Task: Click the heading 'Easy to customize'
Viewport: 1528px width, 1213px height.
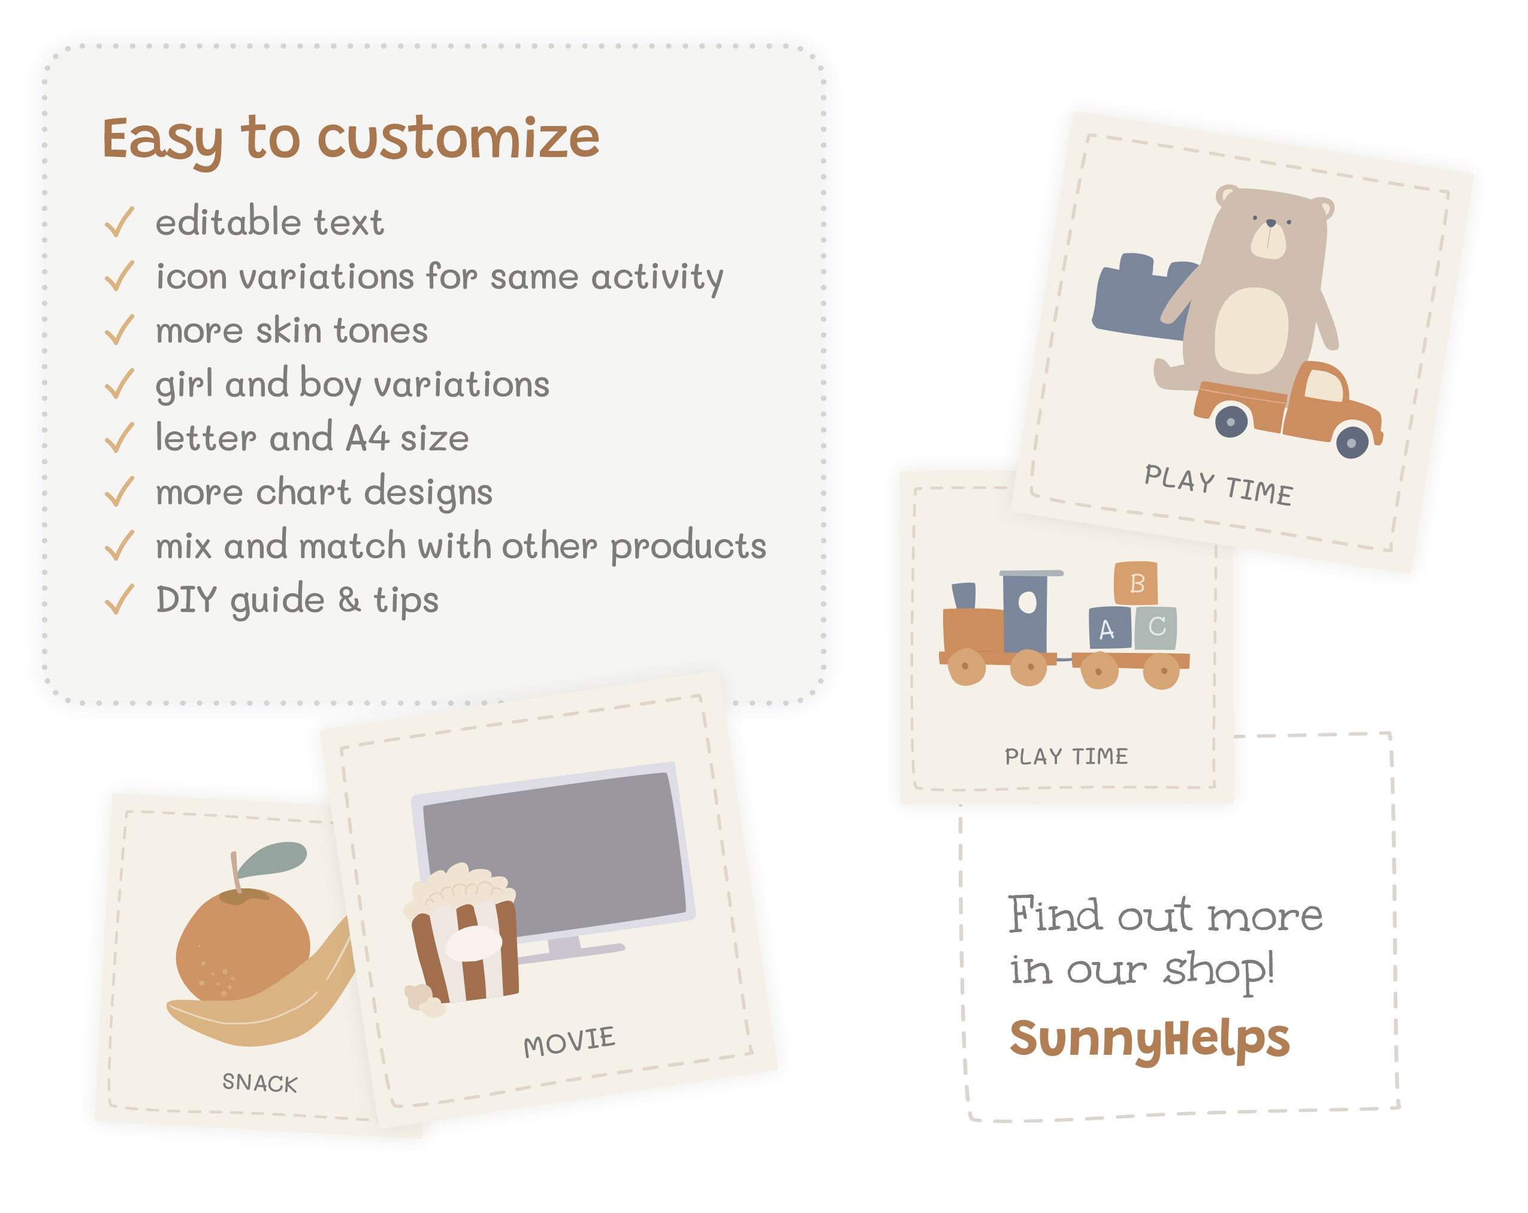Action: (x=351, y=138)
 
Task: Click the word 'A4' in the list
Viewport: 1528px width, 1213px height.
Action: (x=367, y=438)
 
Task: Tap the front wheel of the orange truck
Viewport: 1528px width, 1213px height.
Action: (x=1351, y=443)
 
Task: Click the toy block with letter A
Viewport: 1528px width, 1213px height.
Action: (x=1109, y=628)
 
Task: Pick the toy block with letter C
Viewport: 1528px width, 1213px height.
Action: (x=1156, y=627)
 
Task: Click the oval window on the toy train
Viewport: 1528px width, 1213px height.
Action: (x=1027, y=603)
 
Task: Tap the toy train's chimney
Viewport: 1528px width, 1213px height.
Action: (x=964, y=595)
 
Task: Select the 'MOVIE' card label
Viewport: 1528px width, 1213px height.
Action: (x=569, y=1042)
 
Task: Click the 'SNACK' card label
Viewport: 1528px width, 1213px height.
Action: (x=259, y=1082)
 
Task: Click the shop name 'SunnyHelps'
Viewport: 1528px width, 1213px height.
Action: (x=1149, y=1039)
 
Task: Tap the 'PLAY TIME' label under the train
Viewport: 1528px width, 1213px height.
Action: (x=1066, y=756)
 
